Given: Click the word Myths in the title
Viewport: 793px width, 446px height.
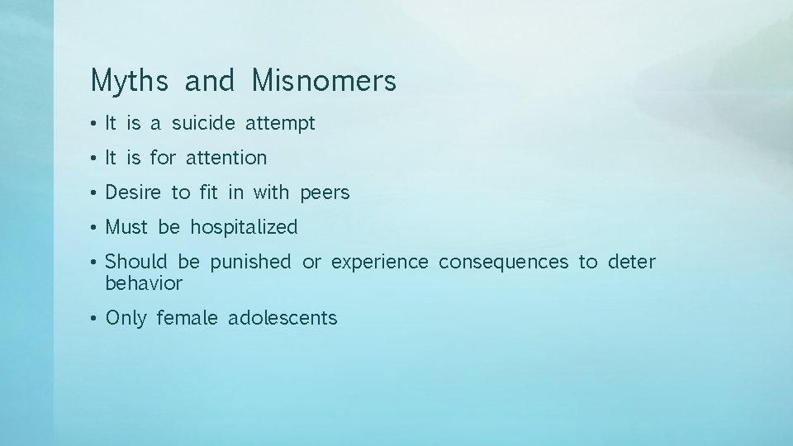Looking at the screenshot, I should [130, 81].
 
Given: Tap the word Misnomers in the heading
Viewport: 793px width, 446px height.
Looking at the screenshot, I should [324, 81].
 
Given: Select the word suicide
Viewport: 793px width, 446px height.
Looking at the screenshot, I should [203, 124].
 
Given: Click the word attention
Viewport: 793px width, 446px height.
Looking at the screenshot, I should [226, 157].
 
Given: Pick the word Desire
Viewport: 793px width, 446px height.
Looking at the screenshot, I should [134, 192].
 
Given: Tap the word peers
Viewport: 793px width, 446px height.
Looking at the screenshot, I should [325, 193].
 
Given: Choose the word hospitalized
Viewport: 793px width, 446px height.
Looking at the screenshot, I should [244, 227].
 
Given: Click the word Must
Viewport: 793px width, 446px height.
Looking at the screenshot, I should [126, 227].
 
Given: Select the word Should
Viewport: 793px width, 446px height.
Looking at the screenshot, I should [136, 263].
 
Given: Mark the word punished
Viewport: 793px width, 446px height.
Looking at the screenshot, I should [250, 263].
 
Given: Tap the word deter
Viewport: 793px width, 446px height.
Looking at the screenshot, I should [631, 263].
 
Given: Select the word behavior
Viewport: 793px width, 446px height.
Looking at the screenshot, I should [144, 283].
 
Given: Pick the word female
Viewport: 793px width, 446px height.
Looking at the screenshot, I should [187, 318].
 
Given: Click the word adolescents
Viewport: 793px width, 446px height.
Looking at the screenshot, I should [283, 318].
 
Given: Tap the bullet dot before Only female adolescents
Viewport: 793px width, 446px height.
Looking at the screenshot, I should [96, 319].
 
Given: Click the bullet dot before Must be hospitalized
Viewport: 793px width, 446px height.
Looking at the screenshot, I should [96, 228].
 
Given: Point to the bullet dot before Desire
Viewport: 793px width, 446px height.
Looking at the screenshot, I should [96, 193].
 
